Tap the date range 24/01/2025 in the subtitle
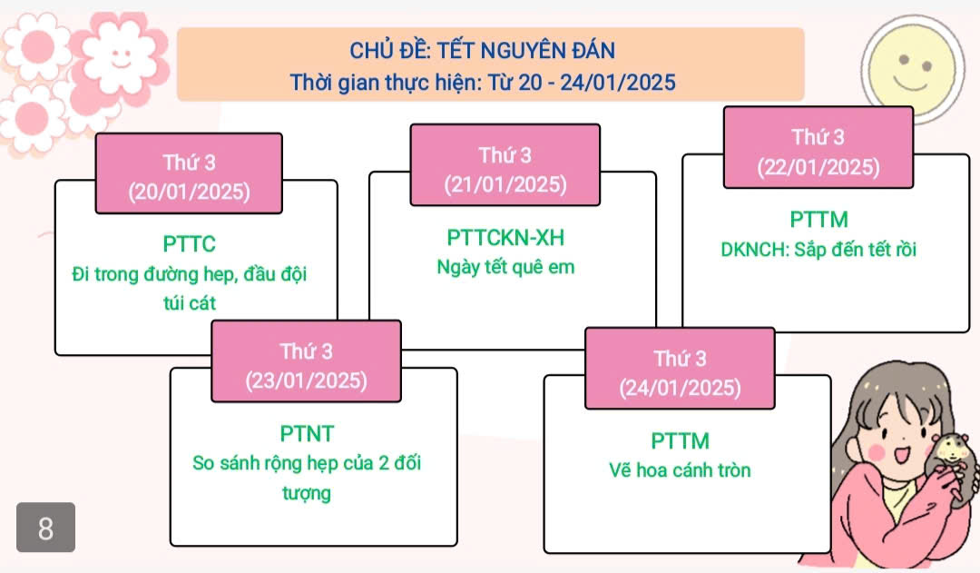(x=618, y=83)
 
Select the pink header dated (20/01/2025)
(x=189, y=174)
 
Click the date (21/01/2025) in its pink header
(x=505, y=185)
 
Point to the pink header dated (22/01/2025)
(x=818, y=150)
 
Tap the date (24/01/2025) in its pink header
(x=680, y=388)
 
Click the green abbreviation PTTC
(x=190, y=243)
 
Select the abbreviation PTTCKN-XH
(x=505, y=238)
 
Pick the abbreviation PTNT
(x=307, y=433)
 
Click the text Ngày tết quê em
(x=505, y=267)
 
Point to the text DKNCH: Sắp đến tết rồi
(x=818, y=250)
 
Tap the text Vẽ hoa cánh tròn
(x=680, y=470)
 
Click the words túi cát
(x=190, y=302)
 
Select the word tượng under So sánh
(x=307, y=493)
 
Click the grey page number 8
(x=45, y=528)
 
